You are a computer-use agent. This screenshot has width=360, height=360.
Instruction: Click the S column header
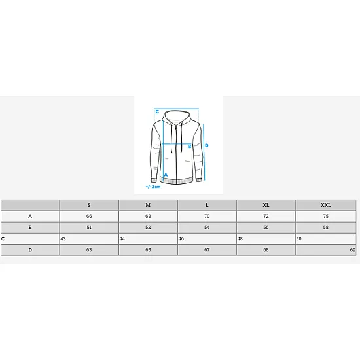89,205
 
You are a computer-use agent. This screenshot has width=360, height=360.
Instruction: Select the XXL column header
325,205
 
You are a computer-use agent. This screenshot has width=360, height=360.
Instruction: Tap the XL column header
266,205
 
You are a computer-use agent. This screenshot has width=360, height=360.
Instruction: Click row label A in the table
30,216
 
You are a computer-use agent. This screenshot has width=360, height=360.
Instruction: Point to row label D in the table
30,250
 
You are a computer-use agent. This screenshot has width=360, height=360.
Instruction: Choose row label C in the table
3,238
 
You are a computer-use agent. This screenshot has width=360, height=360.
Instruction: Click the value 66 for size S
89,216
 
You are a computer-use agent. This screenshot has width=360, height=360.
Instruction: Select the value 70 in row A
207,216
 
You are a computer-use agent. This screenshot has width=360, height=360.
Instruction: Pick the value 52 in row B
148,227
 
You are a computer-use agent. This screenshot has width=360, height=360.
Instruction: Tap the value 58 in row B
325,227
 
